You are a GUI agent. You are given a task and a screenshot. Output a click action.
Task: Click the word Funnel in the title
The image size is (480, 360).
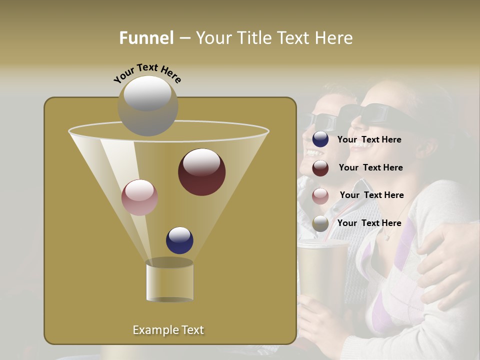[146, 37]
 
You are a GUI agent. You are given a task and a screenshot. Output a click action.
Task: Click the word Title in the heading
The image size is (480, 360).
[255, 37]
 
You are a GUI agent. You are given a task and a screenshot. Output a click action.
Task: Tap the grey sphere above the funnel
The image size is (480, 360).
[147, 105]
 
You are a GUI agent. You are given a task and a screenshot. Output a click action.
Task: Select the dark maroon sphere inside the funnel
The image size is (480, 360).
[201, 171]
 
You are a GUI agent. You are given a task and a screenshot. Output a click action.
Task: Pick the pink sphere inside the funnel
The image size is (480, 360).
[139, 197]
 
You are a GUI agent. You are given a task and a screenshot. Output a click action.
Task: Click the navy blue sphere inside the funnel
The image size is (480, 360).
[179, 240]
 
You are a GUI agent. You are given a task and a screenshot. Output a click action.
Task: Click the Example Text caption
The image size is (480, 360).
[168, 330]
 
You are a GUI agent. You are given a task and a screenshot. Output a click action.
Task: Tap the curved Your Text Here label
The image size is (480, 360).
[147, 73]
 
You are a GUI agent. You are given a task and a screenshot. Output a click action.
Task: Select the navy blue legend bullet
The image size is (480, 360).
[320, 139]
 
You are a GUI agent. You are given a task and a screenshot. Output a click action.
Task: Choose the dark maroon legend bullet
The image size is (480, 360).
[320, 168]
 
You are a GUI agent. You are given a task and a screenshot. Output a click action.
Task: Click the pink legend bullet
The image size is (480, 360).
[320, 195]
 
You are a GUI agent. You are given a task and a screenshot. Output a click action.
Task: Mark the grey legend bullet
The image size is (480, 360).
[320, 223]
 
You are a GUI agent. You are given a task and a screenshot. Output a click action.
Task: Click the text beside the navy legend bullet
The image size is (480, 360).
[369, 140]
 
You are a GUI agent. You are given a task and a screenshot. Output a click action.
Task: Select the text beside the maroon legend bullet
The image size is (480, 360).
[370, 168]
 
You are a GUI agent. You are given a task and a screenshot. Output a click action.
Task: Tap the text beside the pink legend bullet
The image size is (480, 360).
[371, 195]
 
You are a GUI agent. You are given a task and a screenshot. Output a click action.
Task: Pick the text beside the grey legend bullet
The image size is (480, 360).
[369, 223]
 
